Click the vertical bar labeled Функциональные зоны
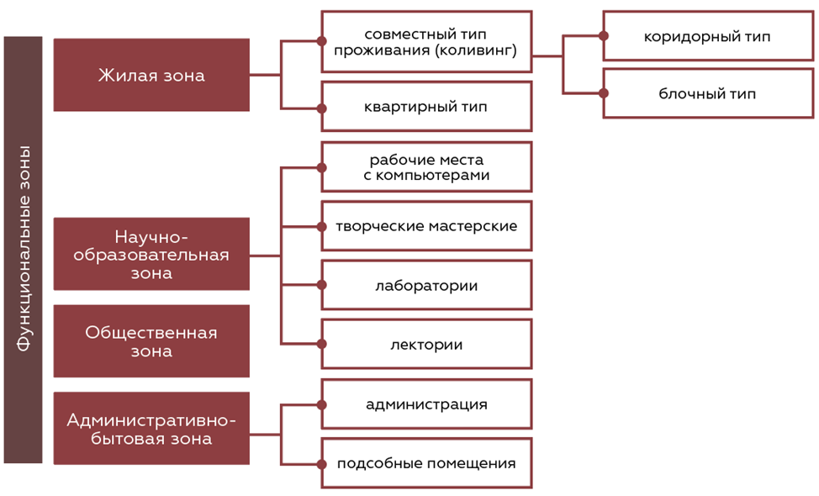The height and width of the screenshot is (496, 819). (23, 250)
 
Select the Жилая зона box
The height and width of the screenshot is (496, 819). (151, 75)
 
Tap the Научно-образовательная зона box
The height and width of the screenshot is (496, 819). (151, 254)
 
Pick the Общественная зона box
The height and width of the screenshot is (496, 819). (151, 340)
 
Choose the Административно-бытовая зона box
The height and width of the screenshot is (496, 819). (151, 428)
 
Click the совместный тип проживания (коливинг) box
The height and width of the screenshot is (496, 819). (426, 41)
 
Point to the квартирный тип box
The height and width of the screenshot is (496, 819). (426, 107)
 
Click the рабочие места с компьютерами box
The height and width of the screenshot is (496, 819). (426, 166)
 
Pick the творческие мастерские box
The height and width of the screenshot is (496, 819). (426, 225)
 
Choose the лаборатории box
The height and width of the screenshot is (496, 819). (426, 285)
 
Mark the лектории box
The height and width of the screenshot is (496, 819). (426, 344)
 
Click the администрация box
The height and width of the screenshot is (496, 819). (426, 404)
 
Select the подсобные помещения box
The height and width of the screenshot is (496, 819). (426, 463)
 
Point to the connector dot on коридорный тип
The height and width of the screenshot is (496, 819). (604, 36)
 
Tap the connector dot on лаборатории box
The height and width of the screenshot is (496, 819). (322, 285)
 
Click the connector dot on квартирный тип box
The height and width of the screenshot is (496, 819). (322, 108)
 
